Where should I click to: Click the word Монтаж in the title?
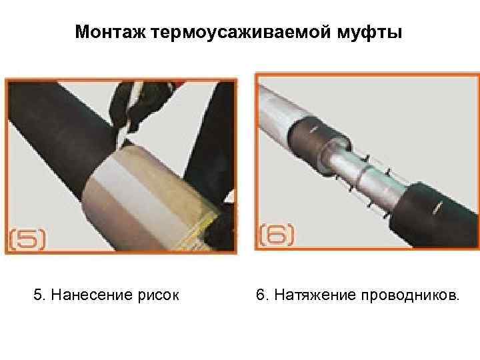point(111,32)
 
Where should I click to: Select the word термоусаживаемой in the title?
point(241,33)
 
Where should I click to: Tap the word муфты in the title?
point(369,33)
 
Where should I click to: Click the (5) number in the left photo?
point(27,239)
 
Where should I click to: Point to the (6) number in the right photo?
point(277,235)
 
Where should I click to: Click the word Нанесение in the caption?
point(92,295)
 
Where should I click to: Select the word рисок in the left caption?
point(158,296)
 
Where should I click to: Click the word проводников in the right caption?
point(409,295)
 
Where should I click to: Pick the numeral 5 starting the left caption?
point(37,295)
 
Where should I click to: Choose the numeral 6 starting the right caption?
point(260,295)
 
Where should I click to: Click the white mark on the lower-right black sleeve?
point(436,209)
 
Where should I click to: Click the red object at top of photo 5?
point(178,83)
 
